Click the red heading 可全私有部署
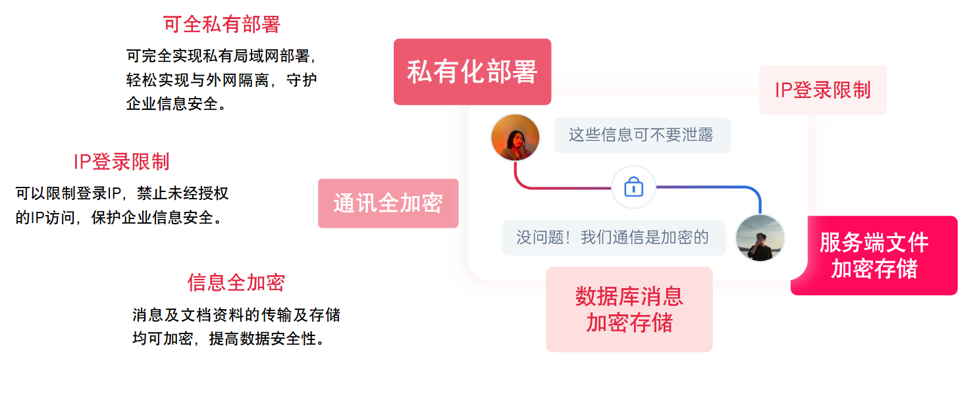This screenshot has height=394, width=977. pyautogui.click(x=222, y=24)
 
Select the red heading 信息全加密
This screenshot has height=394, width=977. pyautogui.click(x=236, y=282)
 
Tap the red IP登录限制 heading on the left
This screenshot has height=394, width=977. pyautogui.click(x=121, y=162)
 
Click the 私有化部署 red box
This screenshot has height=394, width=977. pyautogui.click(x=472, y=72)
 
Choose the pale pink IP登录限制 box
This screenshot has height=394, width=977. pyautogui.click(x=822, y=90)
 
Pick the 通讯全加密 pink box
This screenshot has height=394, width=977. pyautogui.click(x=388, y=203)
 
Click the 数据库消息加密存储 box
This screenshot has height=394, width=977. pyautogui.click(x=629, y=309)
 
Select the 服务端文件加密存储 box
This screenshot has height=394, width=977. pyautogui.click(x=874, y=256)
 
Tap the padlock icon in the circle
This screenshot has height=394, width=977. pyautogui.click(x=633, y=187)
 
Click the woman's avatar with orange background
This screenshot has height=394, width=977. pyautogui.click(x=515, y=137)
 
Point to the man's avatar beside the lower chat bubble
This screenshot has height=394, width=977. pyautogui.click(x=760, y=237)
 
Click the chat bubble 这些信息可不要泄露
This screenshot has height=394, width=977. pyautogui.click(x=642, y=135)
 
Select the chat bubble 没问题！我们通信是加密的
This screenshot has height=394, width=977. pyautogui.click(x=613, y=237)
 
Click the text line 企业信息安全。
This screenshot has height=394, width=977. pyautogui.click(x=176, y=103)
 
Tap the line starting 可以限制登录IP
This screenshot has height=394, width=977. pyautogui.click(x=122, y=193)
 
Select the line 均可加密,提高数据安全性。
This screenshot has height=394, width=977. pyautogui.click(x=228, y=339)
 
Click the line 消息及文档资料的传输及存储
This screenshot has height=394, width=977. pyautogui.click(x=236, y=315)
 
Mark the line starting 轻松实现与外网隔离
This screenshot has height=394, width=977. pyautogui.click(x=222, y=80)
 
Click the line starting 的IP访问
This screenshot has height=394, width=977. pyautogui.click(x=119, y=217)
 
